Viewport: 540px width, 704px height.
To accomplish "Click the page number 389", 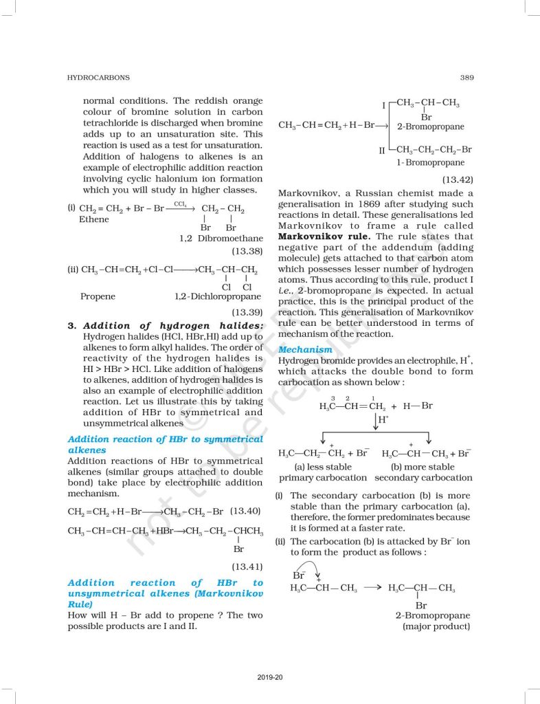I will coord(466,78).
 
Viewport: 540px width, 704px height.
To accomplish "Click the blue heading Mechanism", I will coord(305,349).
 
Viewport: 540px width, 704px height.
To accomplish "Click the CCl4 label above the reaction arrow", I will coord(181,204).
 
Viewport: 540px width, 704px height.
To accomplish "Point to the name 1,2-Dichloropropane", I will coord(218,297).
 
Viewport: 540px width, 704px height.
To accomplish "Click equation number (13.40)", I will coord(246,511).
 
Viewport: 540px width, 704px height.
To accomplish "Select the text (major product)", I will coord(437,626).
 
